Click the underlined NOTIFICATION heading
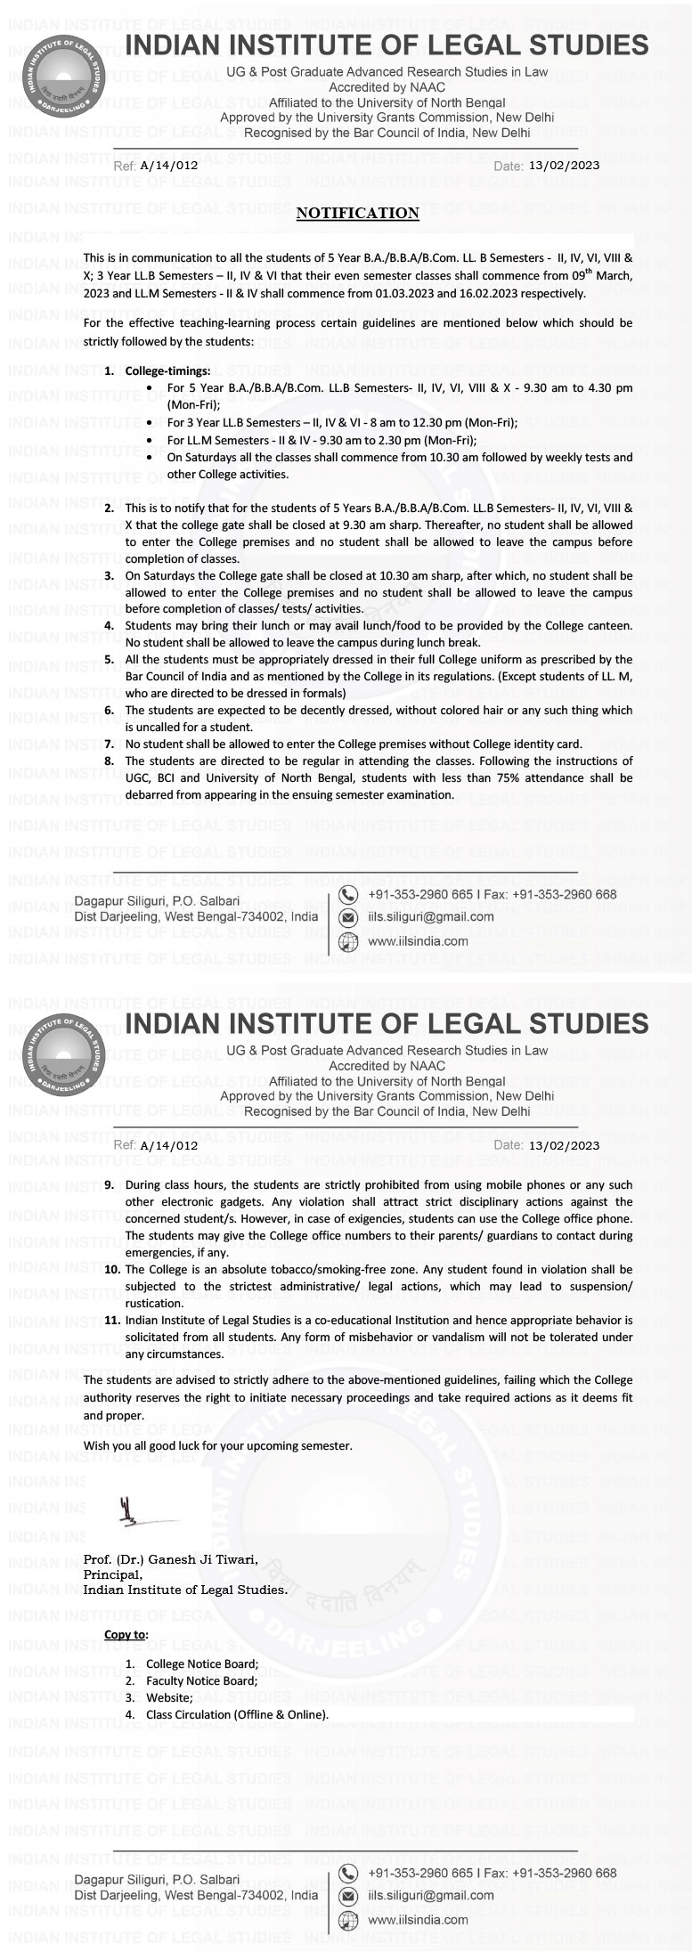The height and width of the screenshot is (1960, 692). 357,213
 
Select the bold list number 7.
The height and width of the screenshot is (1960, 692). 109,744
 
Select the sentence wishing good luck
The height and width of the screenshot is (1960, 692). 217,1445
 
